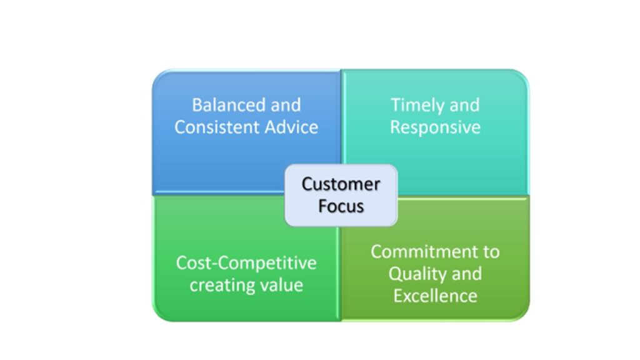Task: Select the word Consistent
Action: pyautogui.click(x=217, y=127)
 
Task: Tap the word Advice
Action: pyautogui.click(x=291, y=127)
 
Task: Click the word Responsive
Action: pyautogui.click(x=435, y=127)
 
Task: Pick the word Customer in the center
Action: pyautogui.click(x=341, y=184)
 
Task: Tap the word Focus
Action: pyautogui.click(x=341, y=206)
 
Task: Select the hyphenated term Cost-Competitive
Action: pyautogui.click(x=246, y=263)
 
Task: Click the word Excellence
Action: pyautogui.click(x=435, y=296)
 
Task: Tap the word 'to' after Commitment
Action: pyautogui.click(x=491, y=252)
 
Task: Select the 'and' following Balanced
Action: pyautogui.click(x=286, y=105)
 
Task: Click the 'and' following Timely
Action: pyautogui.click(x=464, y=105)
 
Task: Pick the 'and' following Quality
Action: pyautogui.click(x=467, y=274)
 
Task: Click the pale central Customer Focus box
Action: pyautogui.click(x=341, y=195)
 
